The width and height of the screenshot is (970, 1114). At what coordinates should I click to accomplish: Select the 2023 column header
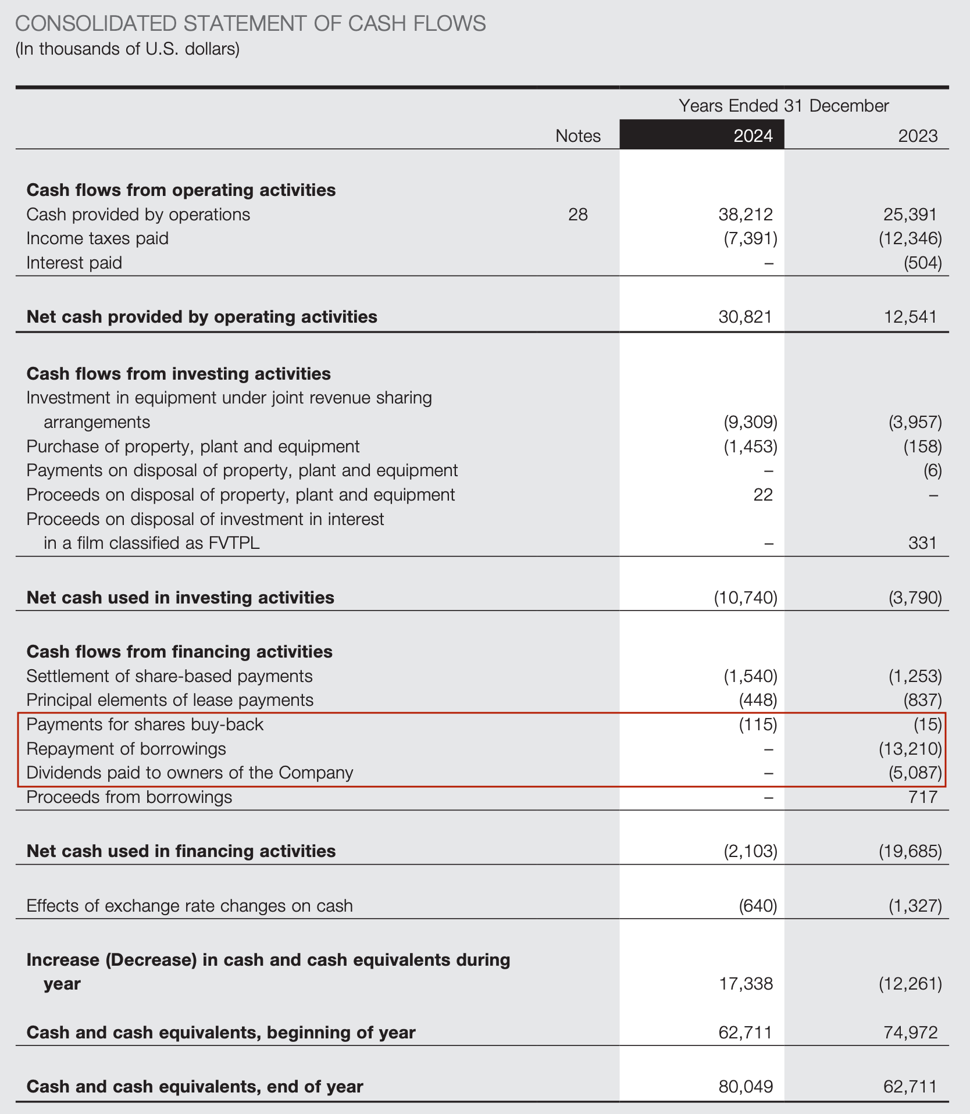click(x=918, y=136)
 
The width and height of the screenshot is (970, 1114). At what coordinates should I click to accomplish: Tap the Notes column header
click(x=577, y=136)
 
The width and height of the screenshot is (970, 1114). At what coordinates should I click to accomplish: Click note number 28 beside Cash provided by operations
click(x=577, y=215)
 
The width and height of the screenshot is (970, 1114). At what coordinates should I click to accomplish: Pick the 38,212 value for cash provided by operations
click(x=746, y=215)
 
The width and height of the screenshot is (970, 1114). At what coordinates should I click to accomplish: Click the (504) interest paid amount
click(x=922, y=263)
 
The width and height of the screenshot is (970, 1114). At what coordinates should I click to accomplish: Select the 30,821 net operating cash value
click(x=746, y=317)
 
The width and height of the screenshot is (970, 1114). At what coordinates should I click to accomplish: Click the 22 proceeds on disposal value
click(x=763, y=495)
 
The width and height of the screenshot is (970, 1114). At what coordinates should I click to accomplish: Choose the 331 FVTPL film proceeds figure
click(x=922, y=543)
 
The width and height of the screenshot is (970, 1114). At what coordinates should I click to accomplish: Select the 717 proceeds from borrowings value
click(x=922, y=797)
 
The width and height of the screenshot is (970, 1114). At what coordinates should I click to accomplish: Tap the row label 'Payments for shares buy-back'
click(x=145, y=724)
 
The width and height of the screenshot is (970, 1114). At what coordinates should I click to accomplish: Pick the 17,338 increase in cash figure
click(x=746, y=984)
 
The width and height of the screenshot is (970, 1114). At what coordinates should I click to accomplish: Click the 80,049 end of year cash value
click(x=746, y=1087)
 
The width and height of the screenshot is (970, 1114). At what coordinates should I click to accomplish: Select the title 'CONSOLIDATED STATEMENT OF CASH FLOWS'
click(x=250, y=24)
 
